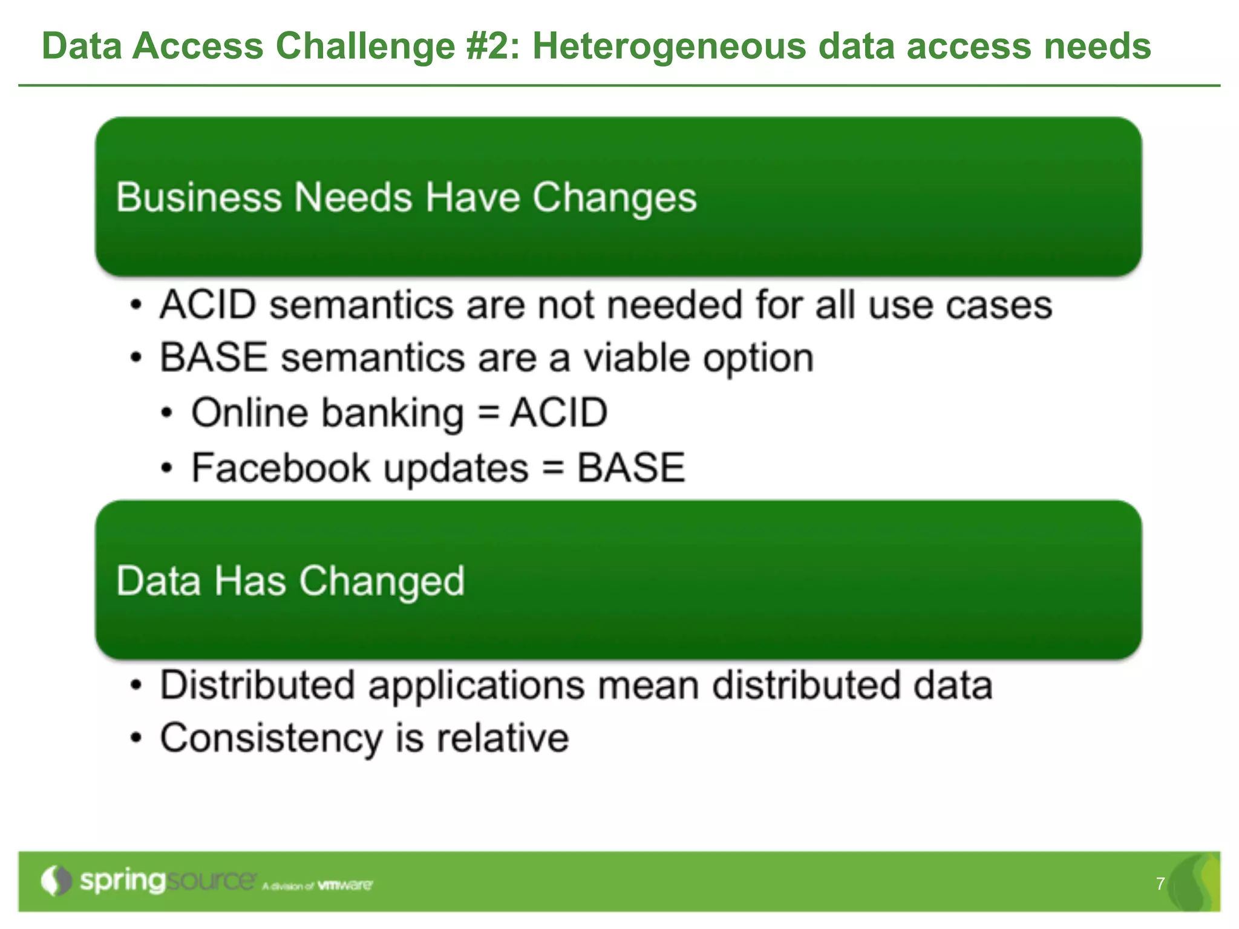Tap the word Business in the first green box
pyautogui.click(x=198, y=197)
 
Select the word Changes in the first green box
pyautogui.click(x=614, y=198)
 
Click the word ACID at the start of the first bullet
pyautogui.click(x=208, y=304)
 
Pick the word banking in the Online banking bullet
pyautogui.click(x=393, y=413)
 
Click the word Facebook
pyautogui.click(x=281, y=468)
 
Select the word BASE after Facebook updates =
pyautogui.click(x=630, y=468)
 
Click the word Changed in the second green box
pyautogui.click(x=382, y=581)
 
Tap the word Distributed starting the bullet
pyautogui.click(x=257, y=685)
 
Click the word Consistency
pyautogui.click(x=271, y=739)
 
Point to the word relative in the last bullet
pyautogui.click(x=503, y=738)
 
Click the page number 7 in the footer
pyautogui.click(x=1160, y=884)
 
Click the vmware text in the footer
pyautogui.click(x=345, y=885)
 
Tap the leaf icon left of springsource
pyautogui.click(x=56, y=881)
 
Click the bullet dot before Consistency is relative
pyautogui.click(x=137, y=738)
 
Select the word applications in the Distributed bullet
pyautogui.click(x=477, y=686)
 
